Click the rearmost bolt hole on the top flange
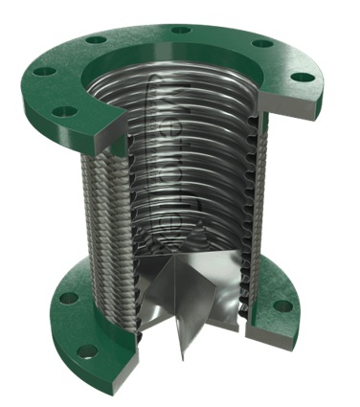(180, 30)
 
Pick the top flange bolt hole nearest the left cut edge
(65, 111)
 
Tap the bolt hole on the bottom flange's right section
(282, 305)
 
